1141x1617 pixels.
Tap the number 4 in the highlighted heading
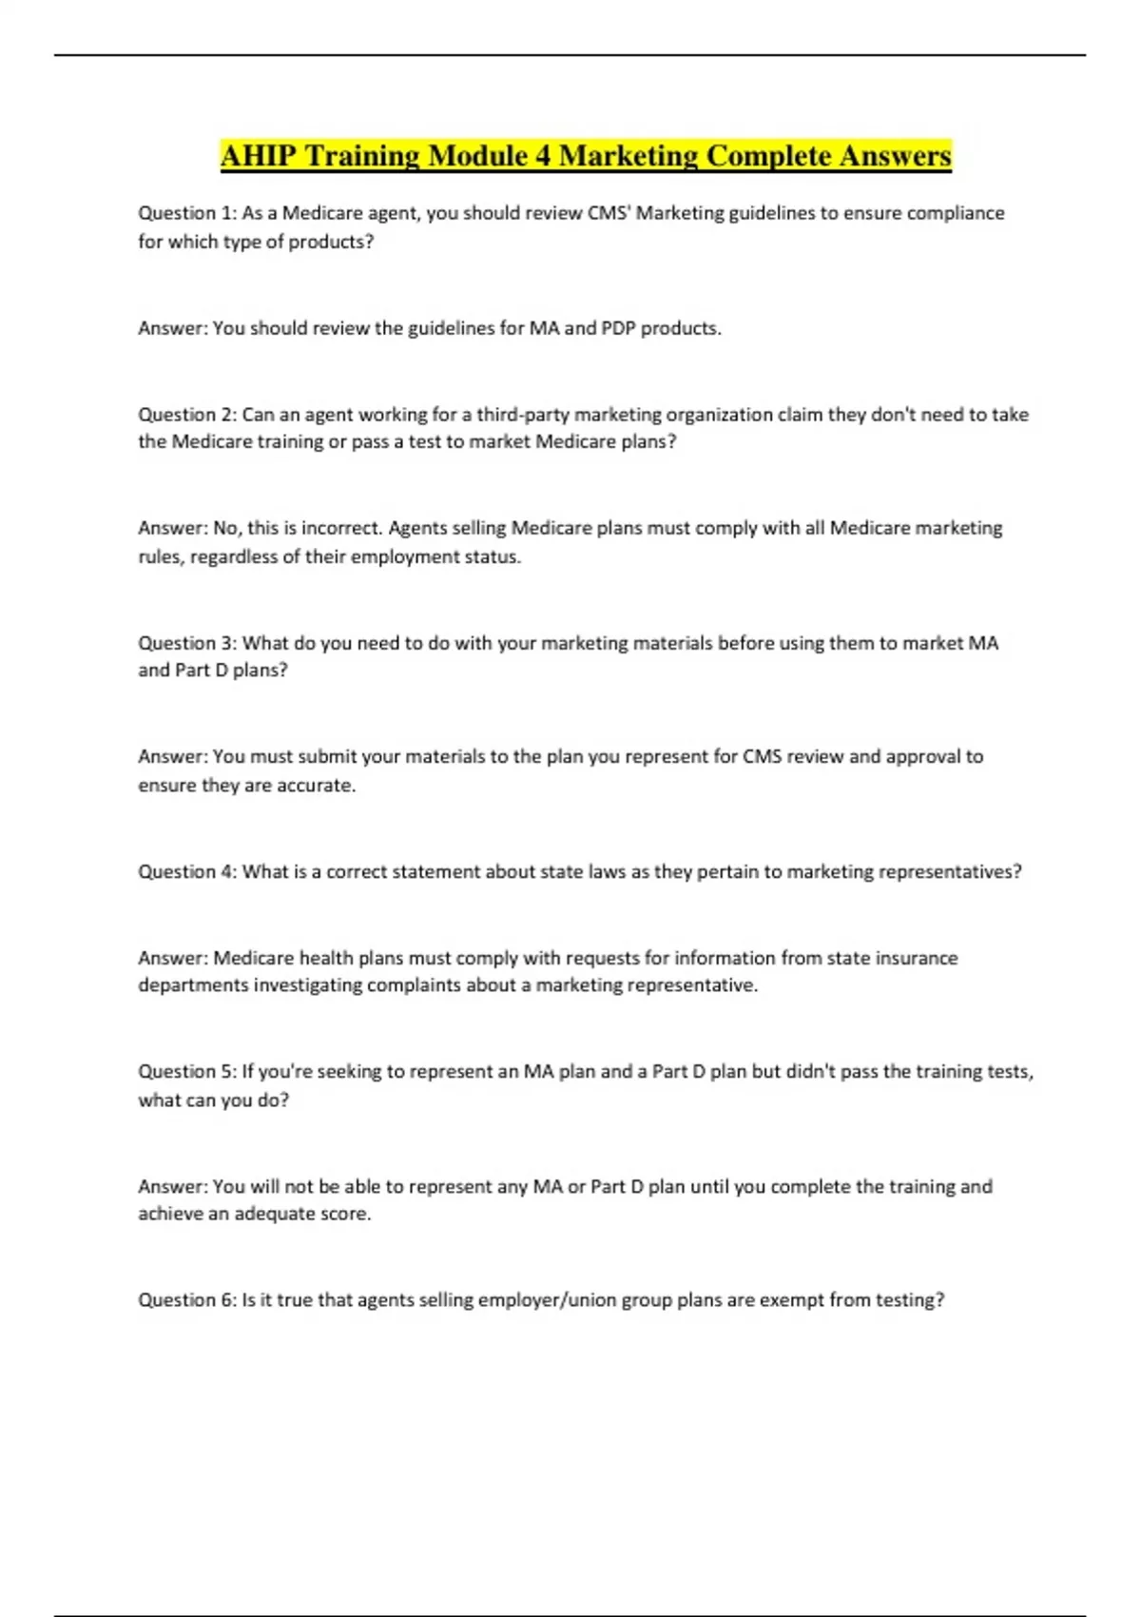[543, 156]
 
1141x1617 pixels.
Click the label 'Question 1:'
[186, 213]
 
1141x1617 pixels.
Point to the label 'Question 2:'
[186, 415]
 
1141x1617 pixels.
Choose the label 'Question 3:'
[186, 643]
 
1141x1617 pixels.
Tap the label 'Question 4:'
[186, 871]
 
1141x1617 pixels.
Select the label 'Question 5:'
[186, 1072]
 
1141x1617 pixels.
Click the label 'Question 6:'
[186, 1300]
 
